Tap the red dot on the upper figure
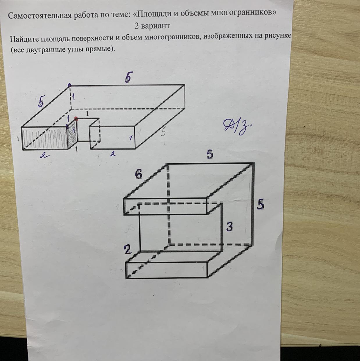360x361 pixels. [x=76, y=118]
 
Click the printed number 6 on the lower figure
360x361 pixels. [x=138, y=174]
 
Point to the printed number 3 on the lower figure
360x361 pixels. [x=229, y=226]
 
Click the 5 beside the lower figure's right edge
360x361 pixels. [x=260, y=204]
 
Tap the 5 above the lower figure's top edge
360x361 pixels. [x=210, y=155]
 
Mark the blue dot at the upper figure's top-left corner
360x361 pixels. [x=70, y=85]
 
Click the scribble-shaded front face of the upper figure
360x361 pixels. [x=45, y=139]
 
